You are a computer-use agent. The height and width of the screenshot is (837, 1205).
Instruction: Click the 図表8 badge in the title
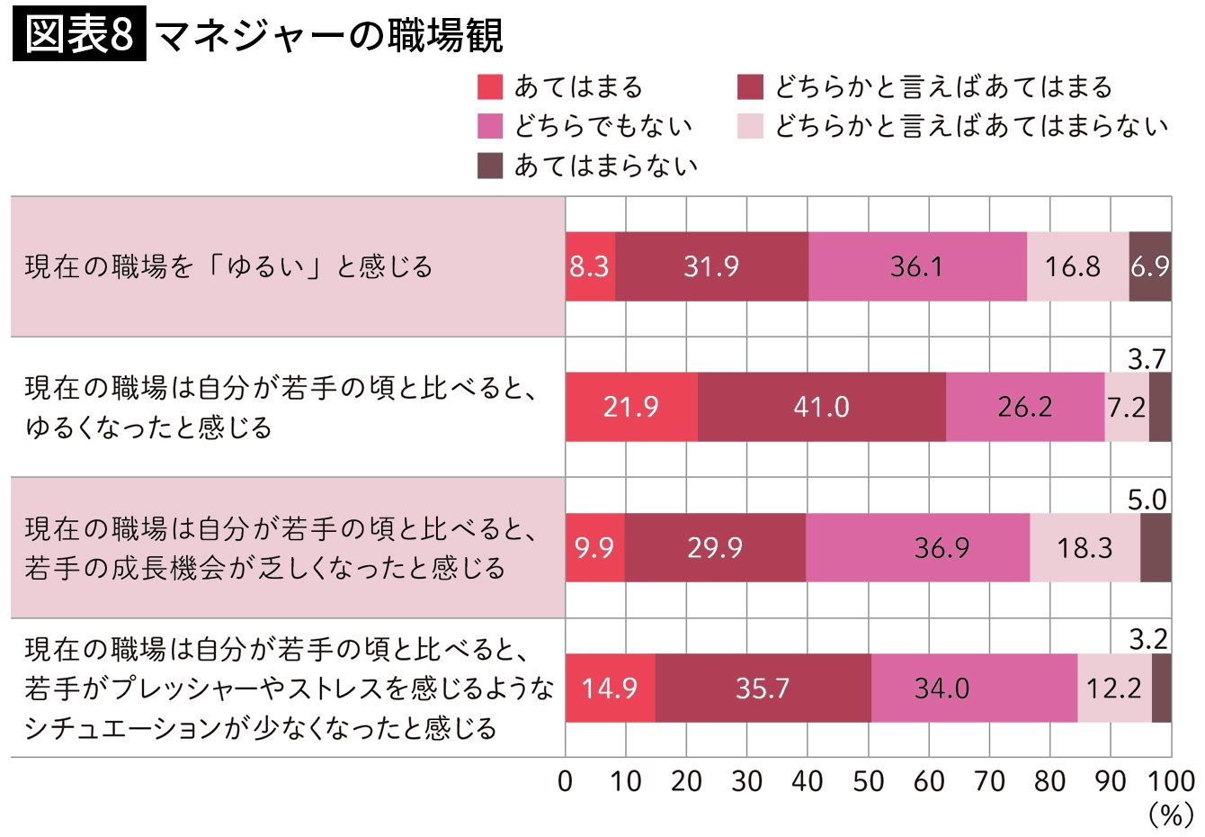79,36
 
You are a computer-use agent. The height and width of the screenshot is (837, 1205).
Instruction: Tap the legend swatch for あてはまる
490,87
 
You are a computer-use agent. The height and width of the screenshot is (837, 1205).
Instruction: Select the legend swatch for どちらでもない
490,126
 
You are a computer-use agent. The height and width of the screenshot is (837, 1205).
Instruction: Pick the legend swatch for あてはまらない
490,166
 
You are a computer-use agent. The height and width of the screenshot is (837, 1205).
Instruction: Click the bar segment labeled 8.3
590,266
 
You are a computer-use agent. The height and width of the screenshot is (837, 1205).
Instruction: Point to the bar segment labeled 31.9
711,266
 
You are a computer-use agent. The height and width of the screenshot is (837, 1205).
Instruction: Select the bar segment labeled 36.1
917,266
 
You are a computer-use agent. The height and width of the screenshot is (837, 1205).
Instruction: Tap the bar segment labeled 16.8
1077,266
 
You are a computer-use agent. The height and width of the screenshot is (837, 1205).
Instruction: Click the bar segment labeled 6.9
1150,266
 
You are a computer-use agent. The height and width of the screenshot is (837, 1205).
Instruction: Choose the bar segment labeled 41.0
822,407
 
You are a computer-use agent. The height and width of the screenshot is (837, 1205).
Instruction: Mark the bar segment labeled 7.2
1126,407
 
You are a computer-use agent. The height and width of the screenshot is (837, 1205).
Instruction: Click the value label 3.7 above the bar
1147,359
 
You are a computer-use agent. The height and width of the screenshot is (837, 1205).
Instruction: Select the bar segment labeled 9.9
594,547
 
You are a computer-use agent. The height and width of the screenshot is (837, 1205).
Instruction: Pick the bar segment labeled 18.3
1084,547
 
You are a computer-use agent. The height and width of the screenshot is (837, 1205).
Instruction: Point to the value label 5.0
1147,499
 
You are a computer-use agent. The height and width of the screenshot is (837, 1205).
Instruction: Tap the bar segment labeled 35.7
763,688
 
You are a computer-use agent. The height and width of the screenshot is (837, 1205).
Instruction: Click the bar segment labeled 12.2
1114,688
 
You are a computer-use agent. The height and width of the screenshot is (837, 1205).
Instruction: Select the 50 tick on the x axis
868,780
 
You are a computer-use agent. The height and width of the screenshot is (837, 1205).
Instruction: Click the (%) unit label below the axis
1170,815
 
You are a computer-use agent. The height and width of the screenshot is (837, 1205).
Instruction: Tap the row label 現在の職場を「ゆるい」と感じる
229,267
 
